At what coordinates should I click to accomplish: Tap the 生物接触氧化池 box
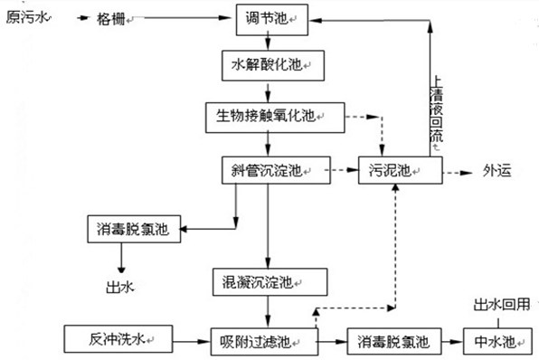tap(266, 116)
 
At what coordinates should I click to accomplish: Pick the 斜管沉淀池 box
tap(266, 169)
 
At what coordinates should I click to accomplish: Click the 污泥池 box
tap(398, 169)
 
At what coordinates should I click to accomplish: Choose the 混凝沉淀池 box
tap(265, 279)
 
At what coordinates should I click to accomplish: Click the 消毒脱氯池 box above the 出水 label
tap(132, 229)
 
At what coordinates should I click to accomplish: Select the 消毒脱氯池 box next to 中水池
tap(394, 341)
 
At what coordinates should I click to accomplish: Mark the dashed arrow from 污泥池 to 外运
tap(457, 170)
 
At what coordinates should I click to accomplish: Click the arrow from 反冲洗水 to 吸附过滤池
tap(181, 341)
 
